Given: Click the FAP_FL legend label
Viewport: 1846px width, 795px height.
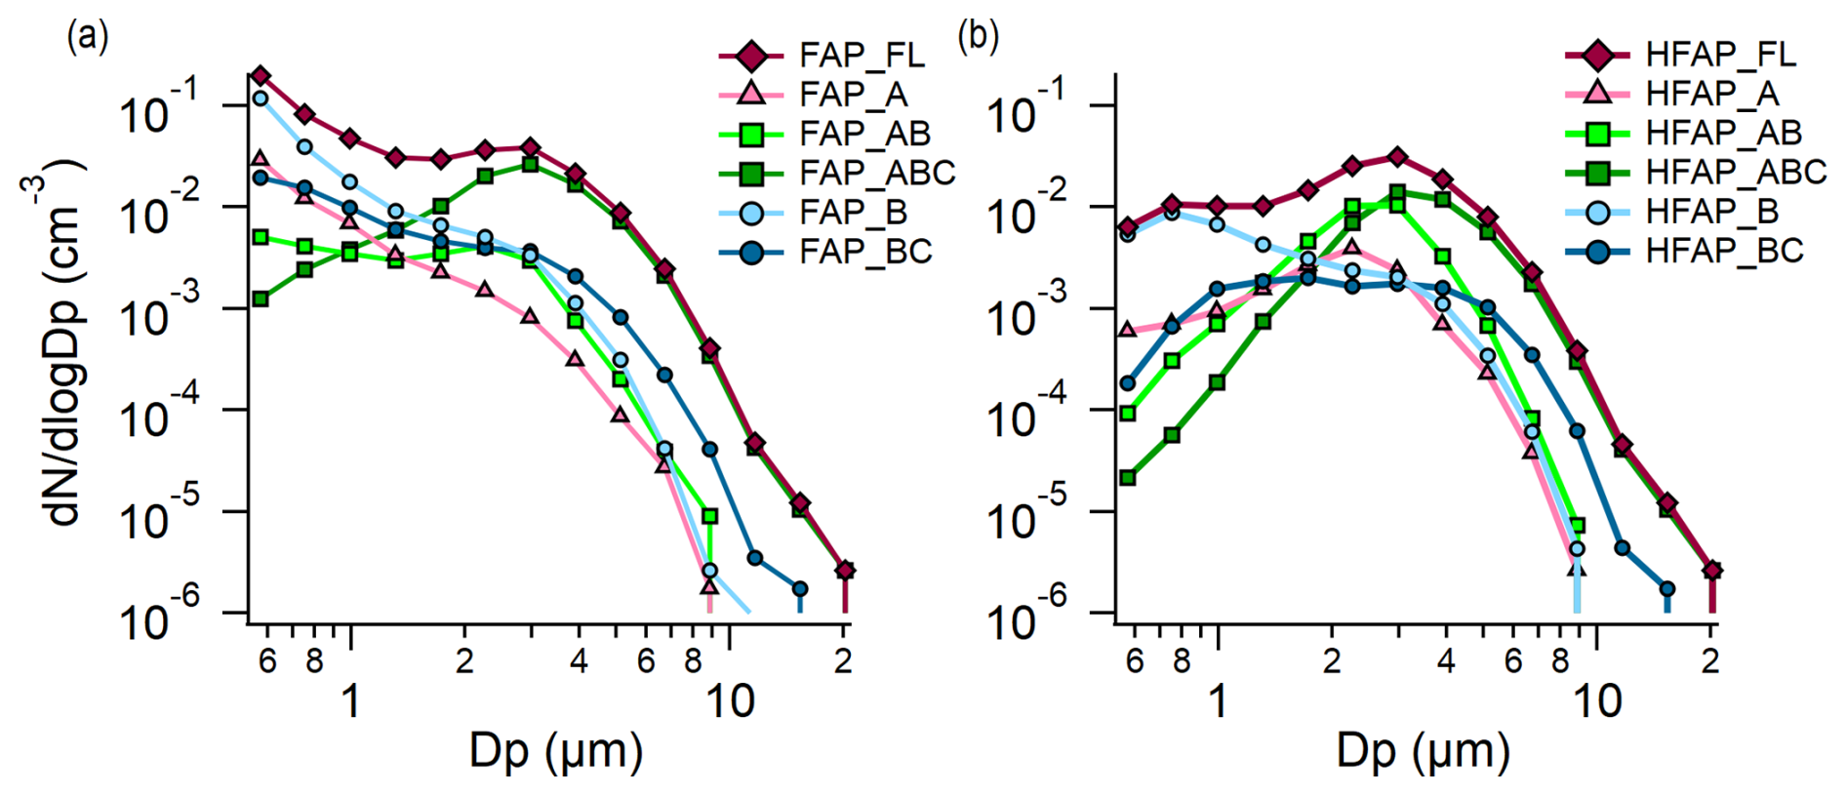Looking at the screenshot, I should click(862, 56).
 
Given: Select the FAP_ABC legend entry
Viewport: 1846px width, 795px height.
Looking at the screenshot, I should click(876, 173).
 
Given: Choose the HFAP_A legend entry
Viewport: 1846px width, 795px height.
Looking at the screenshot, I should click(1711, 94).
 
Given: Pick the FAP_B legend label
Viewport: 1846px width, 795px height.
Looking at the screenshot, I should click(853, 212).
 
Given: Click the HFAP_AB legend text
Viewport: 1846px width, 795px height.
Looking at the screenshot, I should click(1723, 133).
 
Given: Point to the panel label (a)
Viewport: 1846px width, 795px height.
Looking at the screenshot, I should click(87, 37).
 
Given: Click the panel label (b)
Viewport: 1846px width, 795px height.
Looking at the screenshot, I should click(978, 37).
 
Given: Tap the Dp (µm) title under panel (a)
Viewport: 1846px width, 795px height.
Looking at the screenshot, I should click(556, 751).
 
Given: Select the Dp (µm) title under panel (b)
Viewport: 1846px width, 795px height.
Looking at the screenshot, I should click(1423, 751).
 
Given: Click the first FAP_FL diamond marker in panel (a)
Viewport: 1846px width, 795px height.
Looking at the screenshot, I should click(260, 76).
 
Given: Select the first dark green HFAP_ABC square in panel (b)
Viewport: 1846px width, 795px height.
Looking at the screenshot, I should click(1128, 477).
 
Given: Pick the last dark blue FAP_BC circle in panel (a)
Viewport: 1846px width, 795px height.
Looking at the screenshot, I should click(800, 589).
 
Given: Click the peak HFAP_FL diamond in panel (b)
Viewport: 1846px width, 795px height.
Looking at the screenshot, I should click(1397, 156).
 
